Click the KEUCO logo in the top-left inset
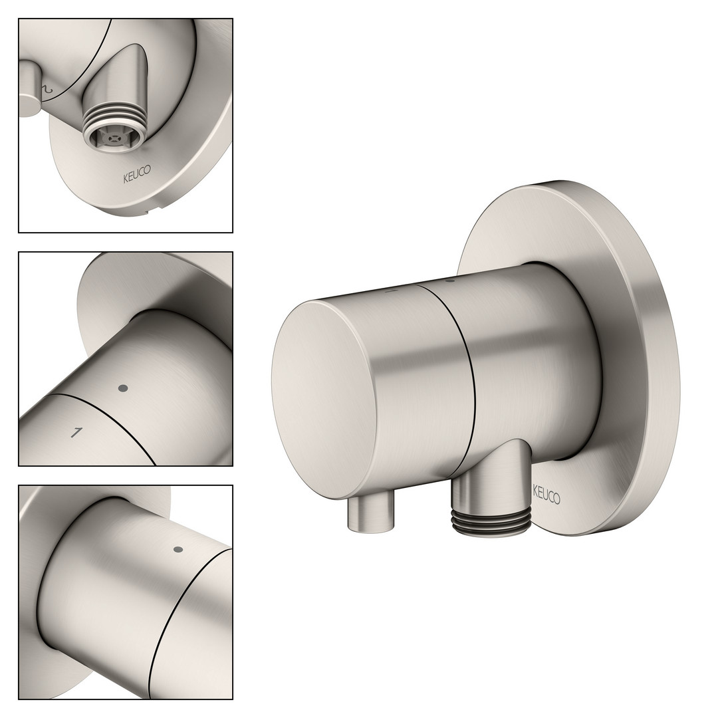tap(136, 174)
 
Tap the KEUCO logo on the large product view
tap(546, 495)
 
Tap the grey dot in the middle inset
tap(123, 388)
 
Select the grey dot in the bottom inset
tap(179, 549)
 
